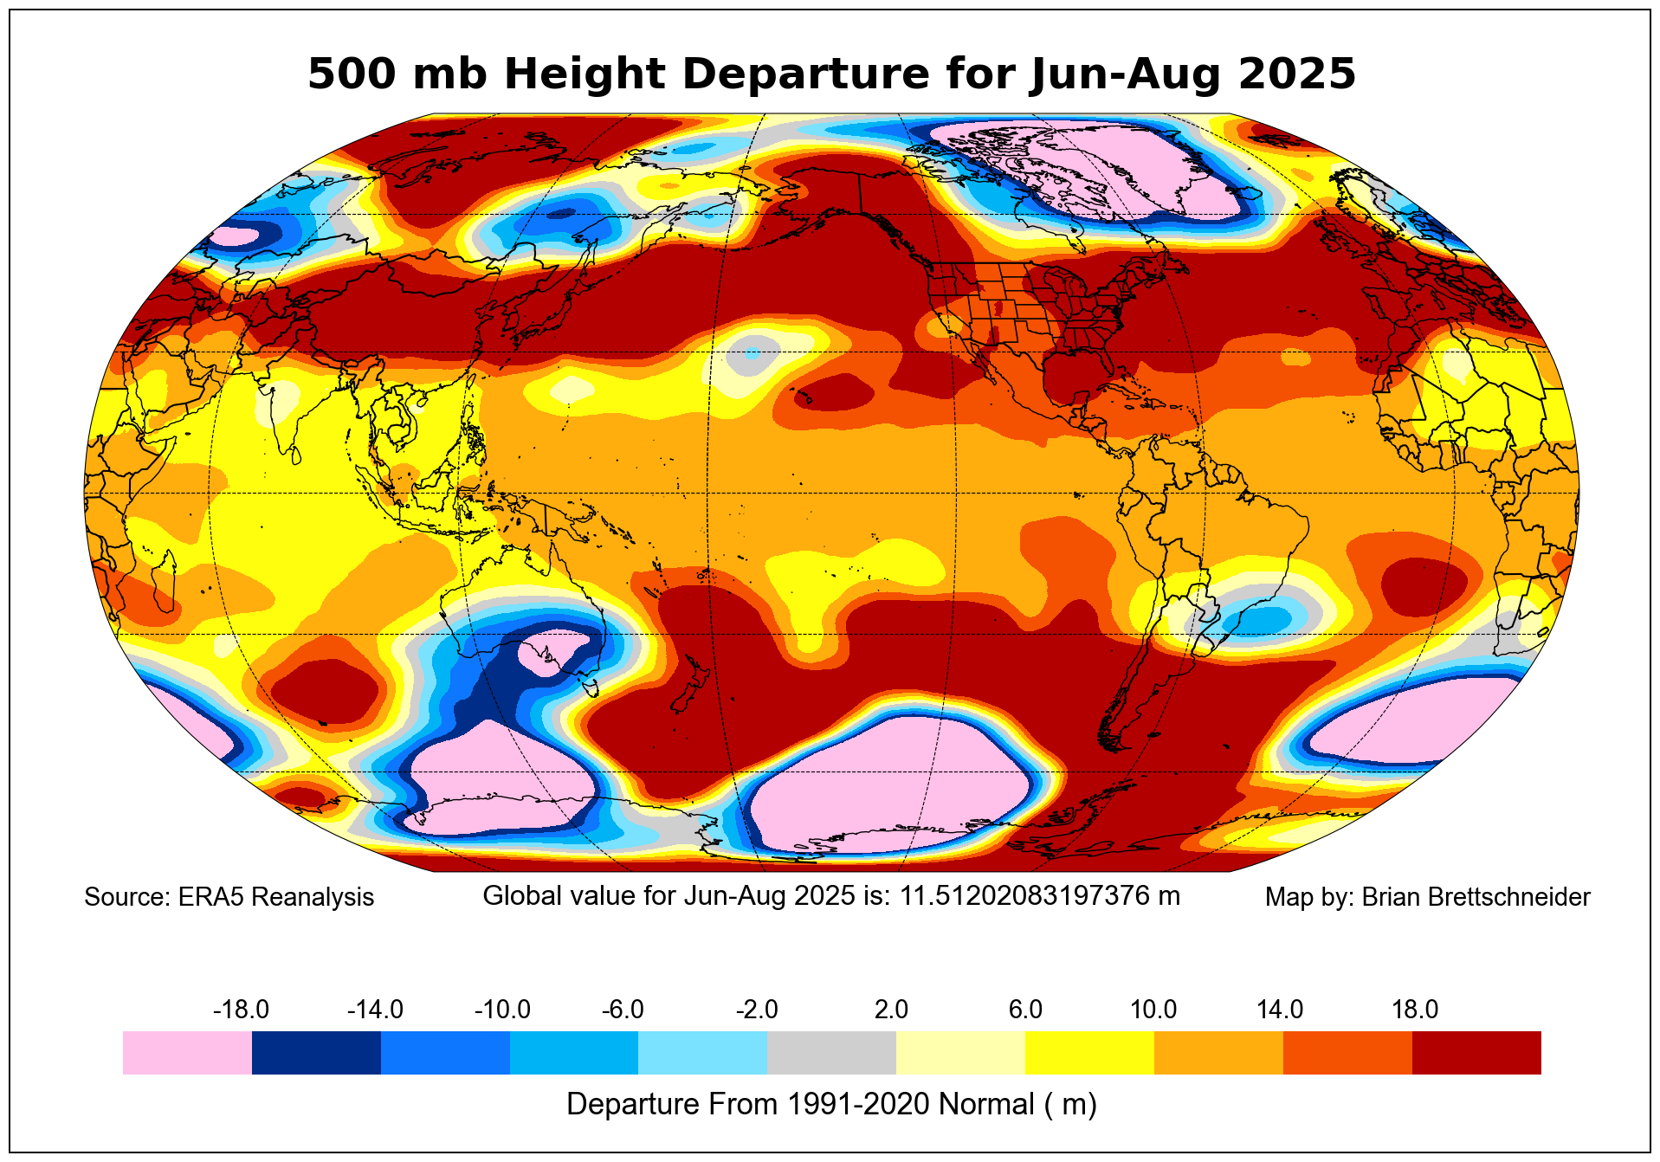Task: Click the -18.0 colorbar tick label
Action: [x=241, y=1010]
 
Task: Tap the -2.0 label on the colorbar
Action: [x=757, y=1010]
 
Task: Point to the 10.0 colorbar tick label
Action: [x=1153, y=1010]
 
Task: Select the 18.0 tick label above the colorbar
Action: [x=1415, y=1010]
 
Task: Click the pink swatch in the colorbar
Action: [x=187, y=1053]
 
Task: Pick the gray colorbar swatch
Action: [x=831, y=1053]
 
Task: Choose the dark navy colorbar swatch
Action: [x=316, y=1053]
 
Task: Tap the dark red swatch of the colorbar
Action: [x=1476, y=1053]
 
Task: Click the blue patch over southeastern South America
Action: [x=1260, y=618]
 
